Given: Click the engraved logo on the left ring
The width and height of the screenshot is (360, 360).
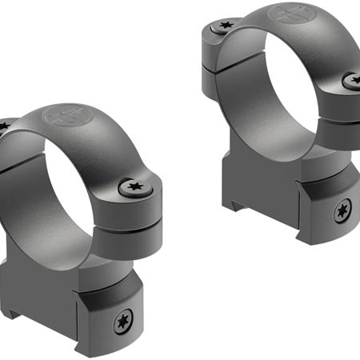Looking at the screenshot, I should pos(65,118).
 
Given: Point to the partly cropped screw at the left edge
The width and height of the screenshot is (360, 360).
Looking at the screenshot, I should pos(2,126).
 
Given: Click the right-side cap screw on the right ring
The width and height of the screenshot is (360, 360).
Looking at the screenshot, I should pos(352,80).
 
